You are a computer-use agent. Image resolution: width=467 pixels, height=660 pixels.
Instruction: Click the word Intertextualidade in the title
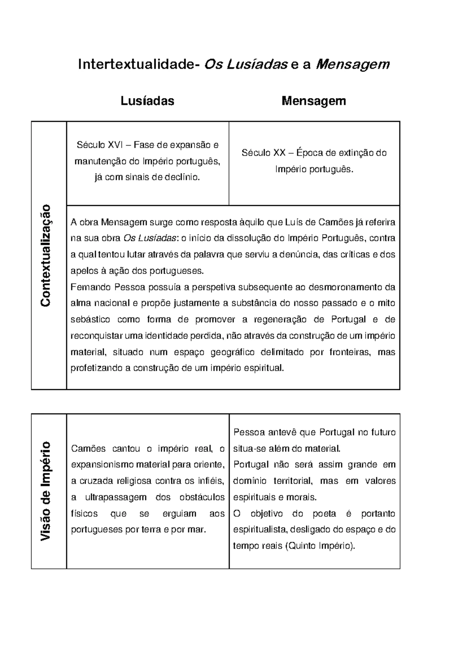[136, 64]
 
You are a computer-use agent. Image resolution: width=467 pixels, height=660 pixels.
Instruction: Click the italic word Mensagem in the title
[353, 64]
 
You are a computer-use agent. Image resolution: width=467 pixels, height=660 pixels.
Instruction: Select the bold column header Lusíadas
[147, 101]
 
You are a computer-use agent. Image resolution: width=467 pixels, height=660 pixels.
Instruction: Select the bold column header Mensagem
[314, 101]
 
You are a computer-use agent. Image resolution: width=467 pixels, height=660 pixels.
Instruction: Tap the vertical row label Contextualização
[46, 255]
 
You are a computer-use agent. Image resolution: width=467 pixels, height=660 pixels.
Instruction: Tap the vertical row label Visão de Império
[46, 491]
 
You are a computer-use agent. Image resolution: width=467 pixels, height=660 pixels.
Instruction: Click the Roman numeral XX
[279, 153]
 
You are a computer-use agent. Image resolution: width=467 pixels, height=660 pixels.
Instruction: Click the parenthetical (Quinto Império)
[320, 546]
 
